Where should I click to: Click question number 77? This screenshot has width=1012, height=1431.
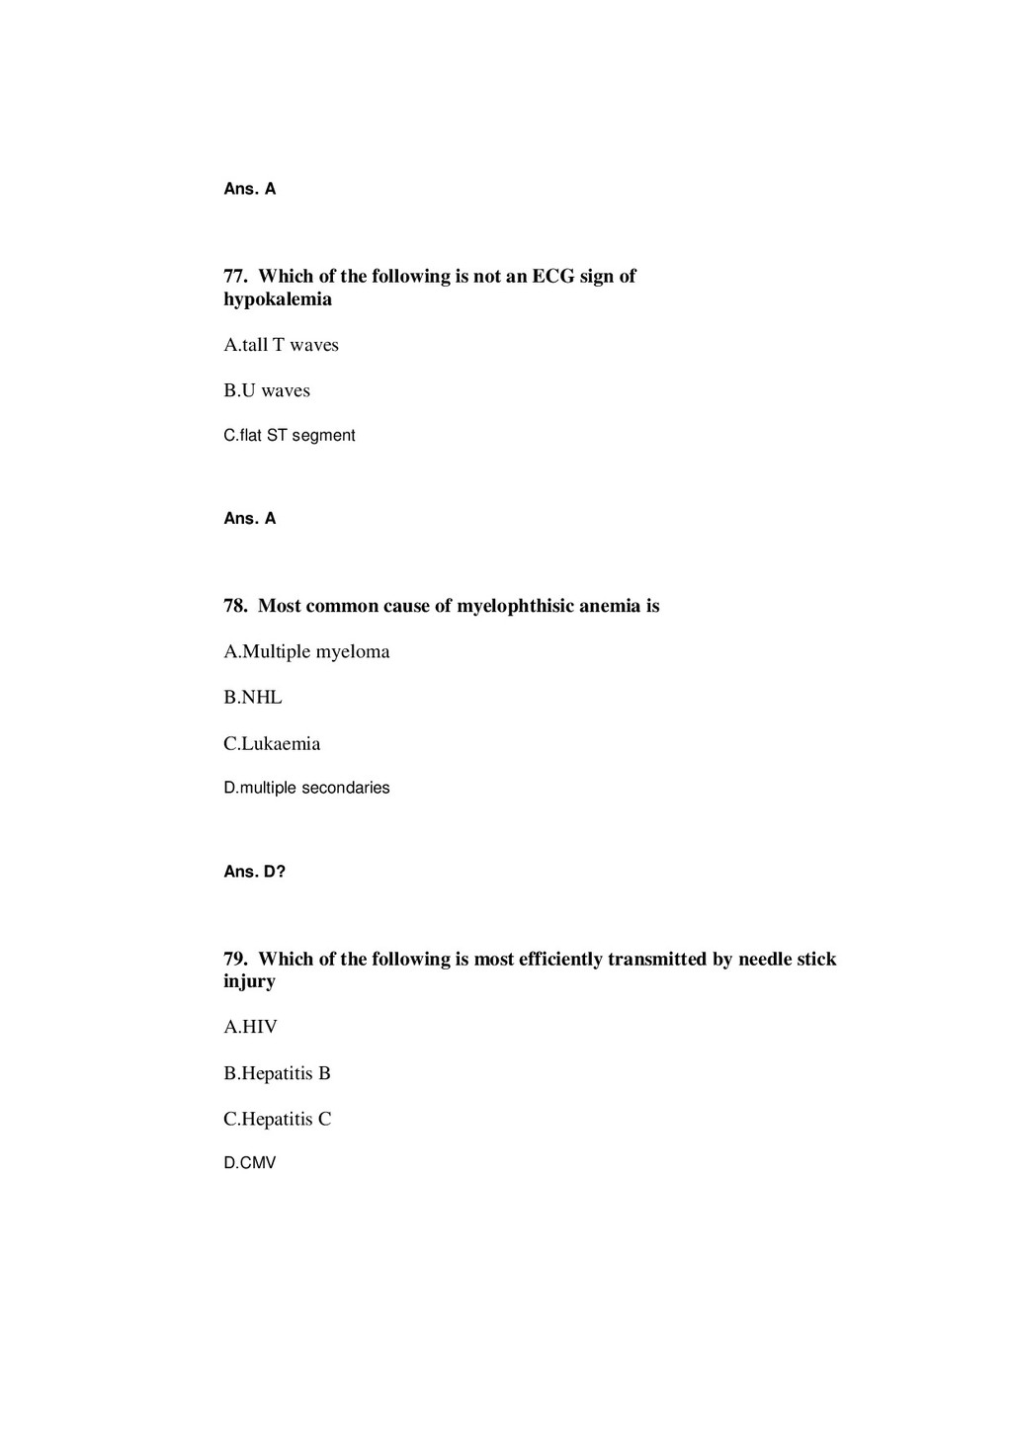(235, 277)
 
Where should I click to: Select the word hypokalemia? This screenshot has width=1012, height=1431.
(278, 299)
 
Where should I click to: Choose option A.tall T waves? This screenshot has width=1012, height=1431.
(281, 345)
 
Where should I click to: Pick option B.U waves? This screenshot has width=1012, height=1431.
(267, 390)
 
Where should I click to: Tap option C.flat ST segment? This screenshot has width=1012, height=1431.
(290, 436)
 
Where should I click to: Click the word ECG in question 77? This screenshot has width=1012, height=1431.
(553, 277)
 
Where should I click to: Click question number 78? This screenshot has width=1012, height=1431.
(235, 606)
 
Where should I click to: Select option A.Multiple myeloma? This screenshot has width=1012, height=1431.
(306, 651)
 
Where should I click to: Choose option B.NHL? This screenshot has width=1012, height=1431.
(253, 698)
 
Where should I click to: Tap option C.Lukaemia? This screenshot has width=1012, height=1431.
(272, 743)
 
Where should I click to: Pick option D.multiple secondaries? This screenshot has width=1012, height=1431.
(306, 788)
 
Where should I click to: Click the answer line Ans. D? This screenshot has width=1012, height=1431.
(254, 872)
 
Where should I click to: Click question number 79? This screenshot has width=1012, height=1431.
(235, 959)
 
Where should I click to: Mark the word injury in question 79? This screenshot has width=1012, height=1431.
(249, 981)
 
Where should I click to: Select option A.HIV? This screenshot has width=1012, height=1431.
(250, 1027)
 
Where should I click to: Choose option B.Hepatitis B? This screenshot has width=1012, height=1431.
(277, 1073)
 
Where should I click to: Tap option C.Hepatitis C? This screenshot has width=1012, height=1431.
(277, 1119)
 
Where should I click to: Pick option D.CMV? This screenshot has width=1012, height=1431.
(250, 1163)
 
